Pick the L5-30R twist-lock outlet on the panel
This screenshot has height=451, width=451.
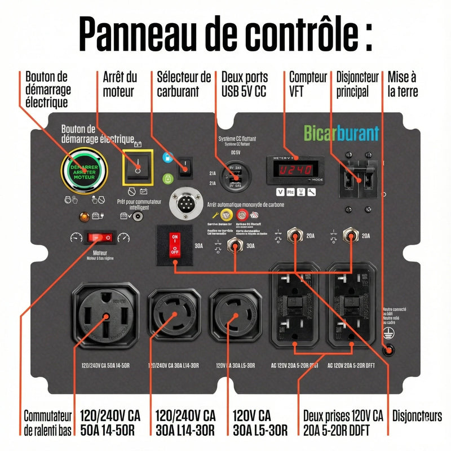(x=235, y=317)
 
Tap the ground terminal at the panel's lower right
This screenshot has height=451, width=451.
(x=387, y=350)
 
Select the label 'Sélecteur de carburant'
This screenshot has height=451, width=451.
(x=184, y=83)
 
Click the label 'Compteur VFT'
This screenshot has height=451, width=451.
(x=308, y=83)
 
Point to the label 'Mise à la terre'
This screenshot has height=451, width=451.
(x=403, y=83)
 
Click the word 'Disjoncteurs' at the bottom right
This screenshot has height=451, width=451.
(x=417, y=416)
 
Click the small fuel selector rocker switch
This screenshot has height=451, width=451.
(x=184, y=167)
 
